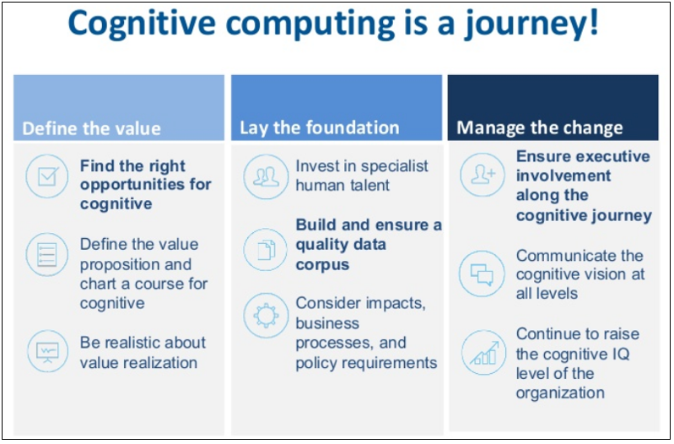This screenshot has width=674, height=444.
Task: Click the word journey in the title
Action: pos(531,24)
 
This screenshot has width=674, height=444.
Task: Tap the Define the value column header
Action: pos(91,128)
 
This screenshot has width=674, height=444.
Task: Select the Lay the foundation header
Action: pos(320,127)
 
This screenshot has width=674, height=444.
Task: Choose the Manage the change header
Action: pos(540,128)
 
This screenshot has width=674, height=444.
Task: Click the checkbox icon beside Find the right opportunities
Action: pos(46,176)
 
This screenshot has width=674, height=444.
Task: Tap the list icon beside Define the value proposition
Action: pos(46,252)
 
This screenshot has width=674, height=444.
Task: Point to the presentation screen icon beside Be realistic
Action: pos(46,350)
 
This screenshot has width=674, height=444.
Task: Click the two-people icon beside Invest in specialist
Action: pos(265,176)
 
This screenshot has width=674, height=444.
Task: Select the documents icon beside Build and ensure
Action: pos(265,249)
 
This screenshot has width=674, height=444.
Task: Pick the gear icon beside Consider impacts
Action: pos(265,315)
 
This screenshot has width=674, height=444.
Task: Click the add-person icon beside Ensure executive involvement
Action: pos(482,175)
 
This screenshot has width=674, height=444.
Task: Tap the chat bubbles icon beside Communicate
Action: pos(482,273)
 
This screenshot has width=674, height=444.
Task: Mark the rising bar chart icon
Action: pos(482,353)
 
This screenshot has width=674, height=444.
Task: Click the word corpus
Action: pos(322,264)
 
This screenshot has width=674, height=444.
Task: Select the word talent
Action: pos(368,184)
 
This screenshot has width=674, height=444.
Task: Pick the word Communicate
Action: pos(567,255)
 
